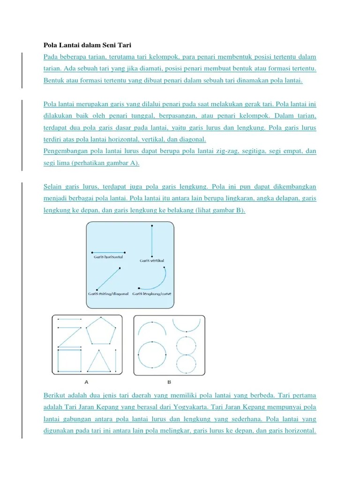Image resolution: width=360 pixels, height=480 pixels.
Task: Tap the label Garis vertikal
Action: pos(151,260)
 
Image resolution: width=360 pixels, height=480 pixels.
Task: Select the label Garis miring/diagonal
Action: pos(108,294)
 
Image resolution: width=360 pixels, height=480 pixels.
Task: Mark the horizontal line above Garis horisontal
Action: pos(108,252)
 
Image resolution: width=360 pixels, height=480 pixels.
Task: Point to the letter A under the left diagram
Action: pos(87,382)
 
